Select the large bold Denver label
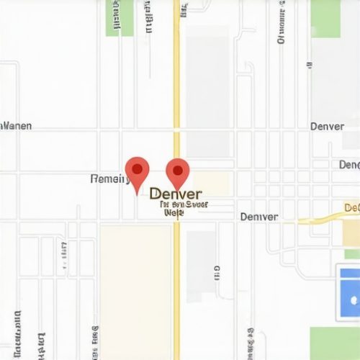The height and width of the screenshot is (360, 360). click(176, 194)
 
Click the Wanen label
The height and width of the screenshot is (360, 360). click(17, 126)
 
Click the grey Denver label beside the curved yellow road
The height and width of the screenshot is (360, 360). click(259, 217)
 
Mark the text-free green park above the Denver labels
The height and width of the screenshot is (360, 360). click(325, 17)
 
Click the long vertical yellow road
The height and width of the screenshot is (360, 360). click(176, 86)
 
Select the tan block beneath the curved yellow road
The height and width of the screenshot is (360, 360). click(351, 234)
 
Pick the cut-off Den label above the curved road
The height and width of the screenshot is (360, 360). click(349, 165)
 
